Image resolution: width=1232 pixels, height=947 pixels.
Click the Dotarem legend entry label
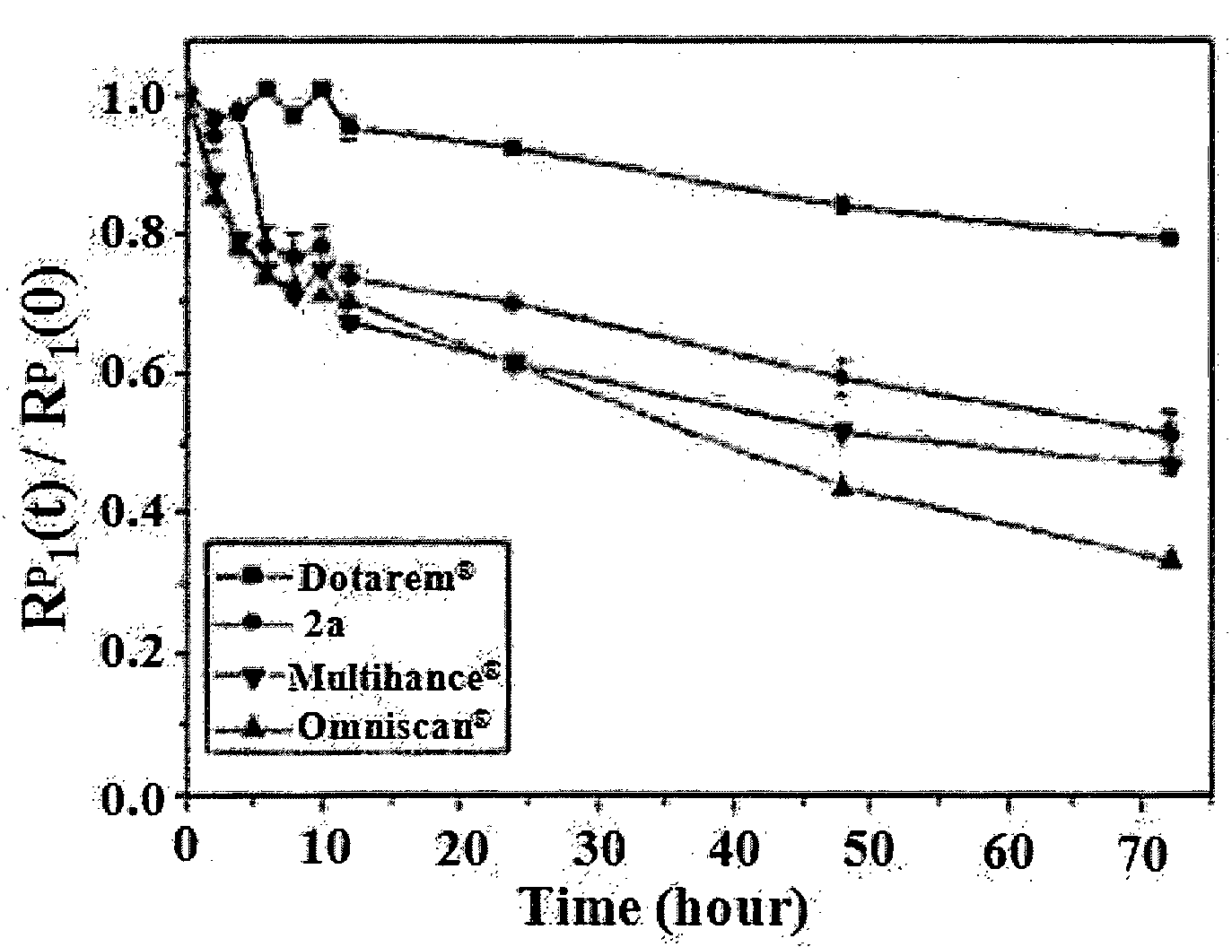pyautogui.click(x=386, y=577)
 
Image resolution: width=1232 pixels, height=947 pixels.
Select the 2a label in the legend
pyautogui.click(x=323, y=625)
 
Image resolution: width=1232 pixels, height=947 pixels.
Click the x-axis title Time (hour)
pyautogui.click(x=664, y=908)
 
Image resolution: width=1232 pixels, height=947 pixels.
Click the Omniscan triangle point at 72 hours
pyautogui.click(x=1169, y=559)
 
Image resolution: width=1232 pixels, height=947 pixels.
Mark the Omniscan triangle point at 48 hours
pyautogui.click(x=843, y=485)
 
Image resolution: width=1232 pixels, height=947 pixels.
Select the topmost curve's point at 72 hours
pyautogui.click(x=1169, y=239)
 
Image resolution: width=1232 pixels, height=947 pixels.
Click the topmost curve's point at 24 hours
pyautogui.click(x=512, y=148)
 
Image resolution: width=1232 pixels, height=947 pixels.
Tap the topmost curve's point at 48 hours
pyautogui.click(x=843, y=205)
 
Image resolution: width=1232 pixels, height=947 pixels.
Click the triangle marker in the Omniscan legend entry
pyautogui.click(x=253, y=725)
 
